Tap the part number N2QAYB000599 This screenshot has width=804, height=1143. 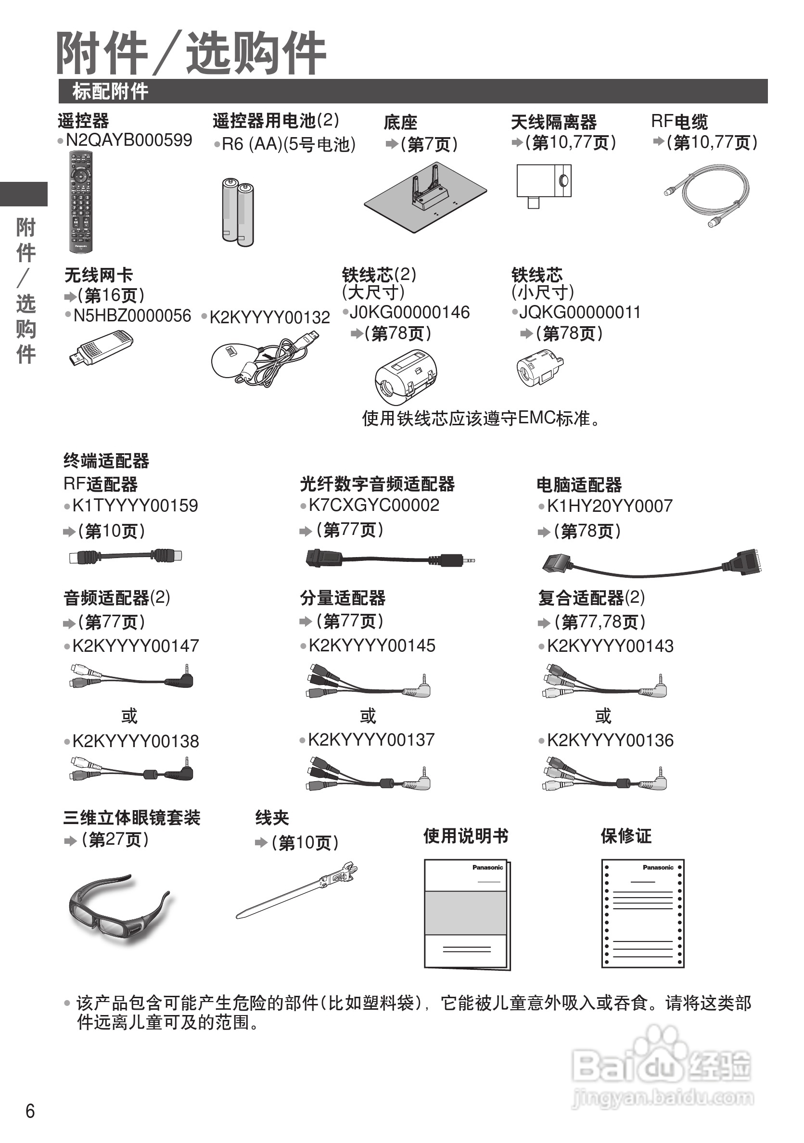click(x=128, y=140)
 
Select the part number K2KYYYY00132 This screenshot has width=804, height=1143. click(x=269, y=317)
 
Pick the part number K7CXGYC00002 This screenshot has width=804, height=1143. click(x=373, y=505)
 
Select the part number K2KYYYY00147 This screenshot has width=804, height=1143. click(x=135, y=646)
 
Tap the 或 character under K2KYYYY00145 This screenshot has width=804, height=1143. click(x=368, y=716)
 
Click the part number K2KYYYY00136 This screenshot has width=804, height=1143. click(x=610, y=740)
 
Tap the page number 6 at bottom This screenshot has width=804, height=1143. click(x=30, y=1111)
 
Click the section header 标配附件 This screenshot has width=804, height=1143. click(x=110, y=91)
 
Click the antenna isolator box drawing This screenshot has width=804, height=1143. click(x=544, y=183)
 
